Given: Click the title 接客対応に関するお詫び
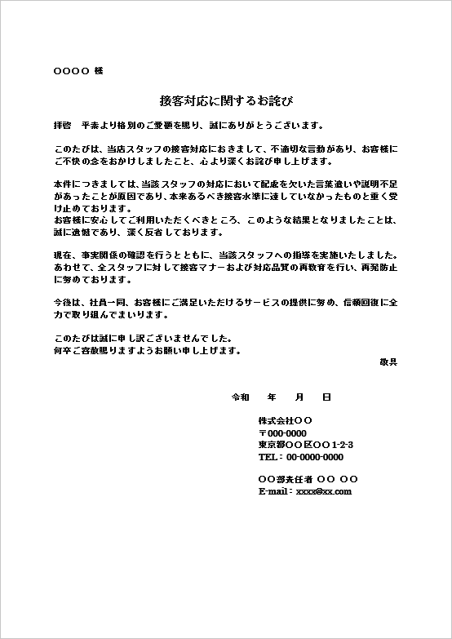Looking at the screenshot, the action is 226,101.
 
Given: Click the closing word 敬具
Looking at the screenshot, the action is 388,361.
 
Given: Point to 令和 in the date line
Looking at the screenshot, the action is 242,397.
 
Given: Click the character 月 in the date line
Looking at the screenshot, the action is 299,397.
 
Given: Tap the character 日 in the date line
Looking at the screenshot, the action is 326,397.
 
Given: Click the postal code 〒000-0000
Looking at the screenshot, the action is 282,433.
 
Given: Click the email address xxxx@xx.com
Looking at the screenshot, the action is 323,491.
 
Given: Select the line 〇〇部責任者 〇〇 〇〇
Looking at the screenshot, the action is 308,479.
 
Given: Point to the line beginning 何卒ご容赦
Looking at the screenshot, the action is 146,349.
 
